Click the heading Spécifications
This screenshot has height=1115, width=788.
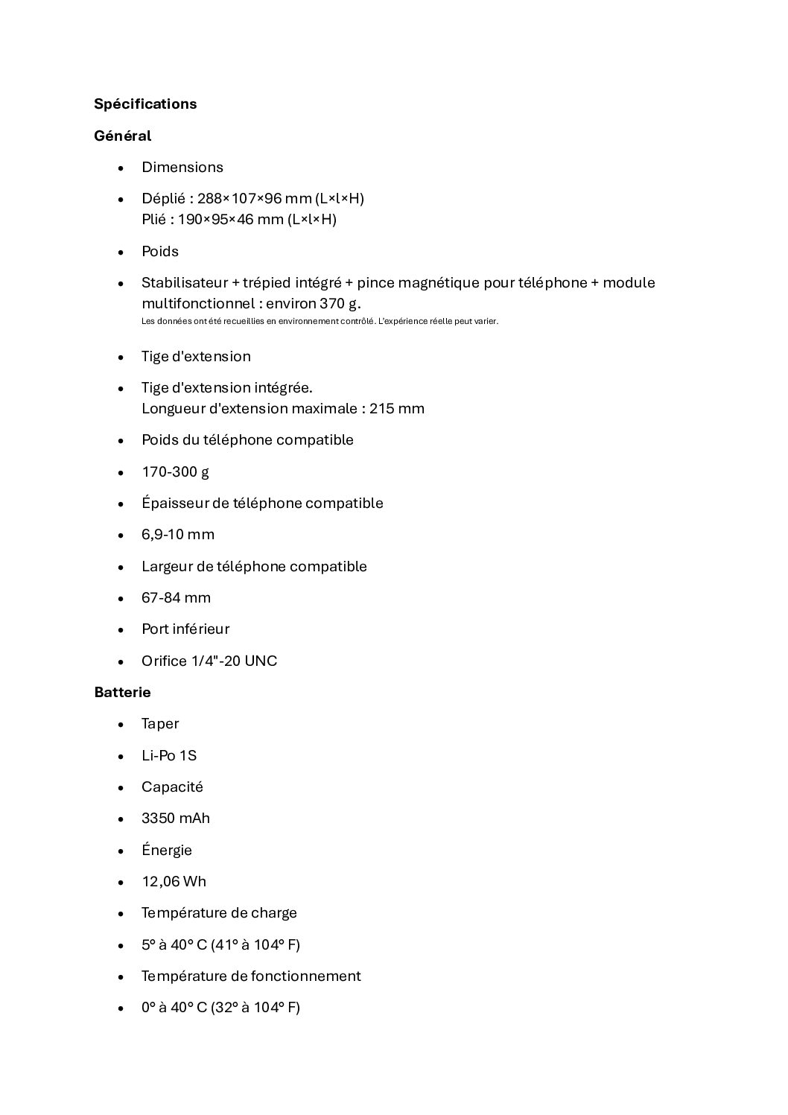(145, 104)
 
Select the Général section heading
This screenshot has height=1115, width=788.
(122, 136)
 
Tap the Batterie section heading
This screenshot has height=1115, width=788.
(122, 692)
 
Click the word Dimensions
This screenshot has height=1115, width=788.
(182, 167)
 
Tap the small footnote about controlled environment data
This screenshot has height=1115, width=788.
(320, 322)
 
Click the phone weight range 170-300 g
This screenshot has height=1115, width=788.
(175, 471)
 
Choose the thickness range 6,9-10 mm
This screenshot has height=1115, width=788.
(178, 534)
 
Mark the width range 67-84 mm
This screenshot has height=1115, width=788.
(176, 597)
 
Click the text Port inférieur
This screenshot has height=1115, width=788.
(185, 629)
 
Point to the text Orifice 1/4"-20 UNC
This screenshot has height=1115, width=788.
(209, 661)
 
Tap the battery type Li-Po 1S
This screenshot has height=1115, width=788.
(169, 755)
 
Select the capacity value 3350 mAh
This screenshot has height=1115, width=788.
(176, 818)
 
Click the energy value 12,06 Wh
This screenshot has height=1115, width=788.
(174, 881)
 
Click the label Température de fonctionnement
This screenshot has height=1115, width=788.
(251, 976)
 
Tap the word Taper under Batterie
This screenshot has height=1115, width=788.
(160, 724)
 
